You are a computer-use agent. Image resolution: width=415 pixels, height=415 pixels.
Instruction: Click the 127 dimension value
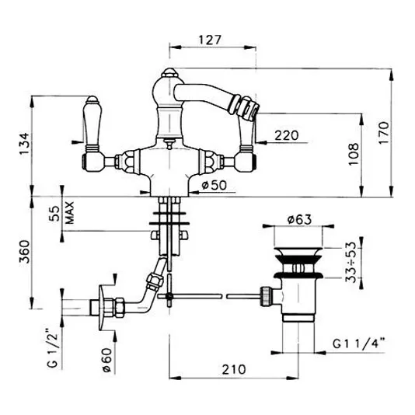pos(210,40)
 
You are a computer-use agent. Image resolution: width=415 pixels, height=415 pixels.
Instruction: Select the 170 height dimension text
pos(383,133)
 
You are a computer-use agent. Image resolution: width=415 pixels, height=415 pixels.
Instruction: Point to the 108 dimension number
pos(354,155)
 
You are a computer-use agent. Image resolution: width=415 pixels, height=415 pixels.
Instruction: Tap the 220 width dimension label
pos(286,135)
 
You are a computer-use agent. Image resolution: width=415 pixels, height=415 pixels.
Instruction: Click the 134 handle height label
pos(24,144)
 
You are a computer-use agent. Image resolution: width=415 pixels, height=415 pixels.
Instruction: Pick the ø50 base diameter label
pos(214,185)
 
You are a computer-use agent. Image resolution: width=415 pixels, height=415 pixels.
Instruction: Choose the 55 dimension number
pos(54,214)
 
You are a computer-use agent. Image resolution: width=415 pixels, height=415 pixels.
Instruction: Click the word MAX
pos(70,213)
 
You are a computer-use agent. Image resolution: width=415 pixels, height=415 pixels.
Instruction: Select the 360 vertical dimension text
pos(24,252)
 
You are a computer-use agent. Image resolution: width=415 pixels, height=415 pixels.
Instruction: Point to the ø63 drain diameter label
pos(300,219)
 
